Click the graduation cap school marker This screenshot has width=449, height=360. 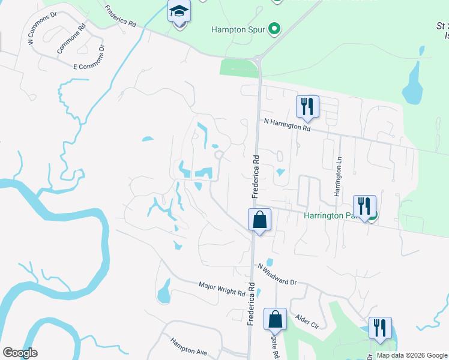point(179,12)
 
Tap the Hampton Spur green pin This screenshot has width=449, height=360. point(275,29)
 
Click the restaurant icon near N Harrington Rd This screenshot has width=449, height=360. point(307,107)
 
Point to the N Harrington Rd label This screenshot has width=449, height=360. point(288,124)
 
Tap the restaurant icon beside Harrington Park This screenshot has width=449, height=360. point(364,206)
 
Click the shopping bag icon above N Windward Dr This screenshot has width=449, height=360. point(259,219)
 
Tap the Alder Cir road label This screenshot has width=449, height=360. point(306,321)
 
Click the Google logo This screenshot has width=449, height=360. point(20,353)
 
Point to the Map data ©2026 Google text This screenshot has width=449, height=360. point(412,355)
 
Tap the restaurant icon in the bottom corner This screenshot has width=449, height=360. point(380,328)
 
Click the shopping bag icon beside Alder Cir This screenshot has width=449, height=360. point(275,319)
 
